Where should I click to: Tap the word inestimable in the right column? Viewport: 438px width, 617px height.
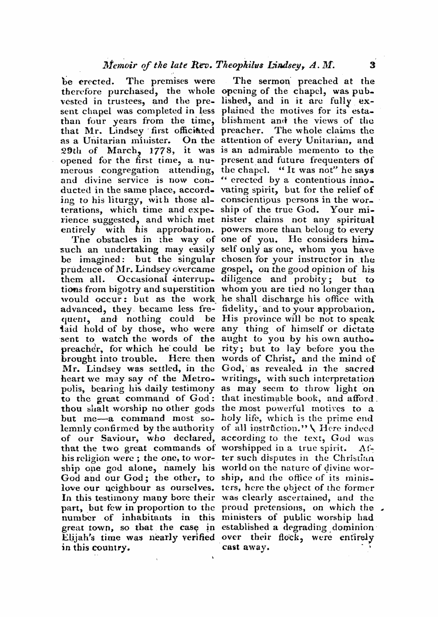[277, 398]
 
